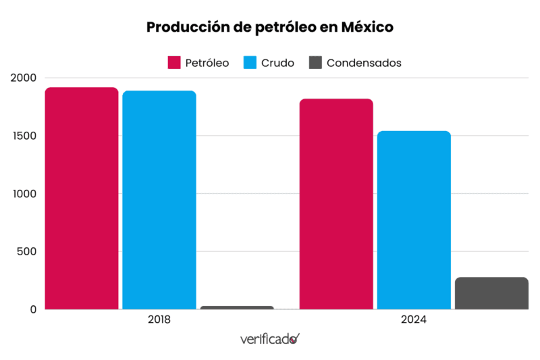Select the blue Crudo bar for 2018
pos(159,200)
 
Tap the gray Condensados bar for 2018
pos(237,307)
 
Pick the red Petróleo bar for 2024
pos(336,204)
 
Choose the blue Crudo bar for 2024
pos(414,220)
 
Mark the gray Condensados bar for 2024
pos(491,293)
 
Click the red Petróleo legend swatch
pos(174,63)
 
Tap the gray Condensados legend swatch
pos(315,63)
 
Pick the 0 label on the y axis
pos(31,309)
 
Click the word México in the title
pos(367,28)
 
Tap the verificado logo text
pos(268,339)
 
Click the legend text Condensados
pos(364,63)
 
